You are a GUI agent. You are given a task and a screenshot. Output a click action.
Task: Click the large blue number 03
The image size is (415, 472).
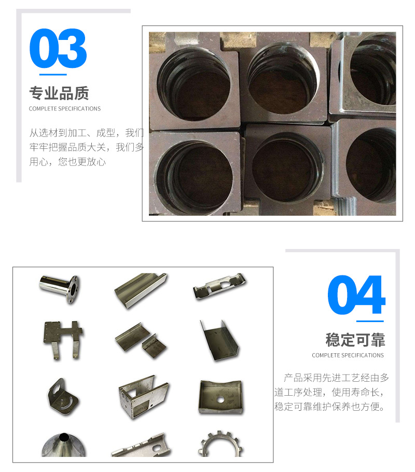coord(58,48)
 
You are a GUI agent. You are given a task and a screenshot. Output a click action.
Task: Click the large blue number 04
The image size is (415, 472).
coord(356,295)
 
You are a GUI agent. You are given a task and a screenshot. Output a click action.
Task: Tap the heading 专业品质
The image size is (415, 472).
coord(59,93)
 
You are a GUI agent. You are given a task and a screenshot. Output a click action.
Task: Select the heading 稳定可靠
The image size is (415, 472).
coord(355,340)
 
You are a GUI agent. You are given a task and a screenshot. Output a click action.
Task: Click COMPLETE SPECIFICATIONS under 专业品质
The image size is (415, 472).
coord(65,109)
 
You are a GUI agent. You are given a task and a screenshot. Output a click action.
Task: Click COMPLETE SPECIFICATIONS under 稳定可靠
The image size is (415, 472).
coord(348,355)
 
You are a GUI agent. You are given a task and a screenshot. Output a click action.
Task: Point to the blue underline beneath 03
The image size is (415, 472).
coord(53,74)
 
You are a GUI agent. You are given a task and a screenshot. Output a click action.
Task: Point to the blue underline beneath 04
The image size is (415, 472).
coord(370,321)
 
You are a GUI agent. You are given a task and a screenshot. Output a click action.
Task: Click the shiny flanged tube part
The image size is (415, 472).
coord(60,288)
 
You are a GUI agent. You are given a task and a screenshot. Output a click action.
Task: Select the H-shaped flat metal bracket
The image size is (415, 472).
coord(63,340)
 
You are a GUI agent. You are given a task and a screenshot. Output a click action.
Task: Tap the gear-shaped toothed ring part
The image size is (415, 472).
coord(220,445)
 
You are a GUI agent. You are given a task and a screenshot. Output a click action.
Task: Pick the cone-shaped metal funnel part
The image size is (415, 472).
coord(64,445)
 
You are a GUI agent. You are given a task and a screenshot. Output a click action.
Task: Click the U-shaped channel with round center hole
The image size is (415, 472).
coord(220,397)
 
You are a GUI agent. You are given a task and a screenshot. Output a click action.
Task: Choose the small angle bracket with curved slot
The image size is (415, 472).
coord(63,397)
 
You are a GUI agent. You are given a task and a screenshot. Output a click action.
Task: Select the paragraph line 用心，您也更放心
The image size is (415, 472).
coord(67,162)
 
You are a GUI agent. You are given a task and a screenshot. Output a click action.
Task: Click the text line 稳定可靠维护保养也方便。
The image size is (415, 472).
coord(330,407)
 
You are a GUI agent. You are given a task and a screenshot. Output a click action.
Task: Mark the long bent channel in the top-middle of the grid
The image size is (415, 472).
coord(141,290)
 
